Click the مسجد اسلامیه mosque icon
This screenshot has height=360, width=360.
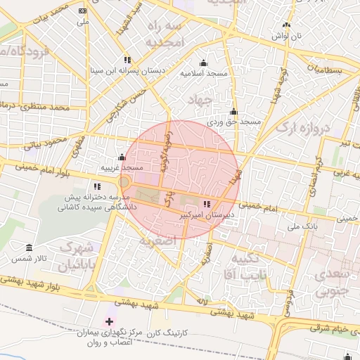coord(204,63)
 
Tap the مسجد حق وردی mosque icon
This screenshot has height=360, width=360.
coord(233,112)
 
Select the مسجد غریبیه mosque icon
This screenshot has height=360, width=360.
coord(122,157)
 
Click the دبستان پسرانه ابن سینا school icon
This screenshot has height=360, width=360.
coord(127,60)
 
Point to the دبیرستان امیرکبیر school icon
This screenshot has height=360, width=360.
coord(206,204)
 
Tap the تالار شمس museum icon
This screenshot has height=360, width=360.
coord(29,248)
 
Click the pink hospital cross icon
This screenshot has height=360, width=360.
coord(108,321)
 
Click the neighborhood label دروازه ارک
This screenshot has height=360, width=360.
coord(302,129)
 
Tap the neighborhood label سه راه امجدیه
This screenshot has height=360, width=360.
coord(165,34)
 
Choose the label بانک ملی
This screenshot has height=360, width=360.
coord(304,228)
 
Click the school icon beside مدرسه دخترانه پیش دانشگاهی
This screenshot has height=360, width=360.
coord(97,187)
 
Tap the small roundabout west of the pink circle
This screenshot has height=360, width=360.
coord(124,182)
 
